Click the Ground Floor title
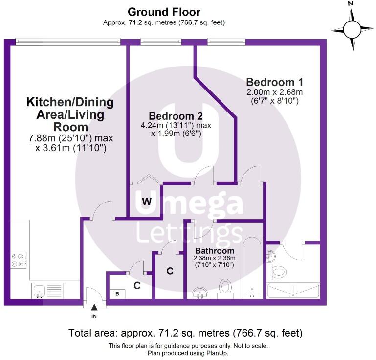coord(164,12)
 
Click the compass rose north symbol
coord(352,29)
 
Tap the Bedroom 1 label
coord(275,82)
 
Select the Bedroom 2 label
coord(176,116)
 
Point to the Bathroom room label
coord(215,251)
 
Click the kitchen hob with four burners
coord(19,260)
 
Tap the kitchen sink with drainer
coord(47,291)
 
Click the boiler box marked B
coord(117,293)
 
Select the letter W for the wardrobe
coord(147,202)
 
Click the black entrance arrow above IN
coord(94,307)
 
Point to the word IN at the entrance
coord(94,316)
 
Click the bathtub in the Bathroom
coord(252,267)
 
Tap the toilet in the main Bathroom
coord(225,288)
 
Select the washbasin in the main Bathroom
coord(200,293)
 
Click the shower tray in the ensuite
coord(293,291)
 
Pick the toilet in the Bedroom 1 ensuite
coord(277,271)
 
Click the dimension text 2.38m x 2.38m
coord(214,258)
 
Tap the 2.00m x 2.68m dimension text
coord(275,92)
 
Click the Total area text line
coord(185,333)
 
